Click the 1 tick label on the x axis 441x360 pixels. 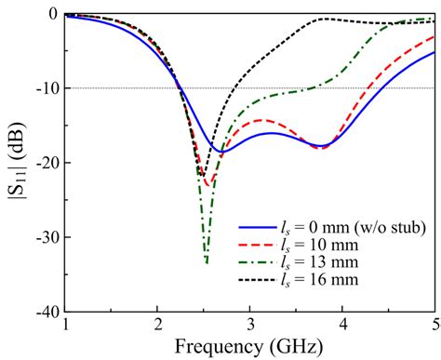click(x=65, y=324)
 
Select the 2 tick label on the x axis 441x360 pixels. click(x=157, y=324)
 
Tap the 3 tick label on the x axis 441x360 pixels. click(x=250, y=324)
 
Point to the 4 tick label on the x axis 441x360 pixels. click(x=342, y=324)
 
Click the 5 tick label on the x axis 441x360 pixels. click(x=434, y=324)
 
